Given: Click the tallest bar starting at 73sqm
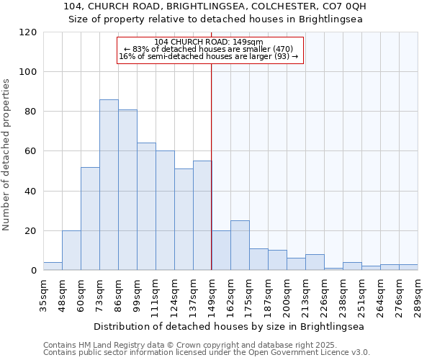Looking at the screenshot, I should (109, 185).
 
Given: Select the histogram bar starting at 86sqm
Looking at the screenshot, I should (127, 190).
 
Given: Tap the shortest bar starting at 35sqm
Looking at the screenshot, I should (53, 266).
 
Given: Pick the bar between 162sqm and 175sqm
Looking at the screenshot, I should (240, 246).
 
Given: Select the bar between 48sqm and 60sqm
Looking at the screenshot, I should (71, 251).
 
